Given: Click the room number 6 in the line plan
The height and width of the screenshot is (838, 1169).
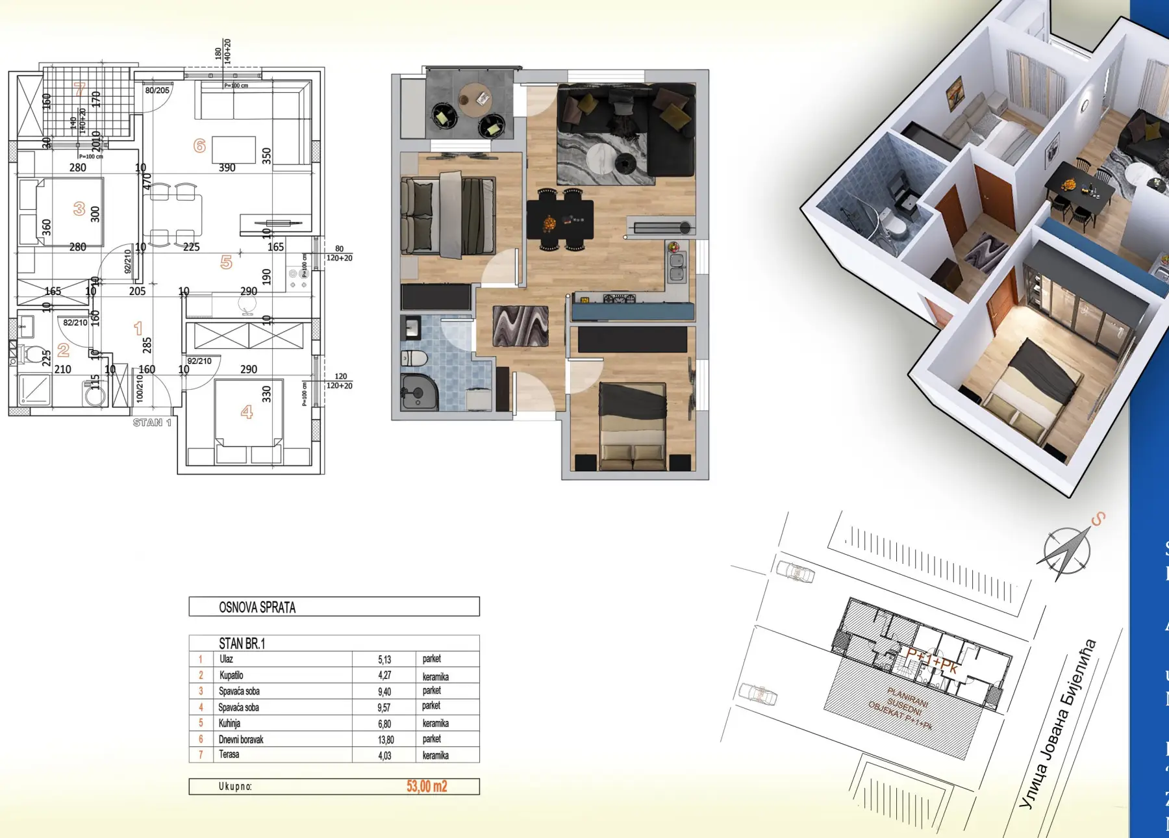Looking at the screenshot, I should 200,146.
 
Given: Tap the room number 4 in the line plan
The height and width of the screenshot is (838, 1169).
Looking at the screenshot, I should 247,411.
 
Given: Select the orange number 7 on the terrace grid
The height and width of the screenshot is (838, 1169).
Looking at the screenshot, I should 80,89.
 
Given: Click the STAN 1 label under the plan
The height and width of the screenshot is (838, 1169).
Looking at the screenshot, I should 152,422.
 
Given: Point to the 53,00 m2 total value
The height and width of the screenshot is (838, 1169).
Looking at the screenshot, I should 427,786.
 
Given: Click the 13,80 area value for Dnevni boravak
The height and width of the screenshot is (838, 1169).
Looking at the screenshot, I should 386,739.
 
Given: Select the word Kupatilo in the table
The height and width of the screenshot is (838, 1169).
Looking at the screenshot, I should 231,675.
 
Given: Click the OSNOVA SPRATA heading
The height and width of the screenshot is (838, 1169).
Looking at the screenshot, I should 257,607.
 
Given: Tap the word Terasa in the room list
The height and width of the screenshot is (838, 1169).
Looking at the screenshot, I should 229,754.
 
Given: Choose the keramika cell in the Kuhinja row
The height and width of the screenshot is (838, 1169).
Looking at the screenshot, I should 435,723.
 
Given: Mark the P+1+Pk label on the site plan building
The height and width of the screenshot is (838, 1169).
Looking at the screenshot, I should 932,661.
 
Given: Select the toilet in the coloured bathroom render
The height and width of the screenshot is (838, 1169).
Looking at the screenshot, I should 413,358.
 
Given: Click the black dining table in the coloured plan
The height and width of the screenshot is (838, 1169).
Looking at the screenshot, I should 560,220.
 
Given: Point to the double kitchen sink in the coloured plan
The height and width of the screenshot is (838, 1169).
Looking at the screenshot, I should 676,267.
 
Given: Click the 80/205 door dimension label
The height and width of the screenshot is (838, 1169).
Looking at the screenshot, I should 157,90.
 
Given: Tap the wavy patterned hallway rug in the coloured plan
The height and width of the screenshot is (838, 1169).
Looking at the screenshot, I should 520,326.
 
